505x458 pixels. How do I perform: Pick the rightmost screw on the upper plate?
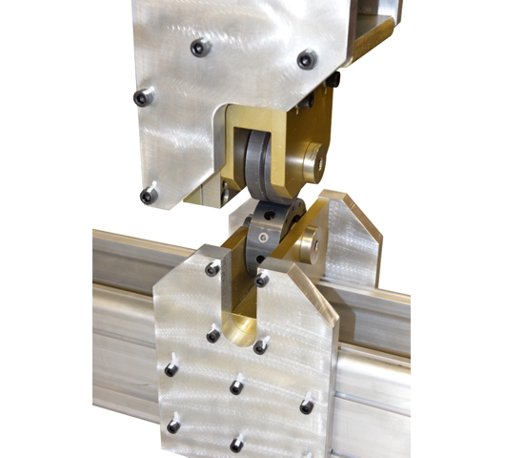(307, 59)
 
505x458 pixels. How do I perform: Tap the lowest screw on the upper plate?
(149, 196)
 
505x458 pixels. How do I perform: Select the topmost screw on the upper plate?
(199, 47)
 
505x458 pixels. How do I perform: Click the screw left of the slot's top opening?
(212, 269)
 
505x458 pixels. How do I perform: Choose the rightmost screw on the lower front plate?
(307, 406)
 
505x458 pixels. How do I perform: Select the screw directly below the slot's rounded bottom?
(235, 386)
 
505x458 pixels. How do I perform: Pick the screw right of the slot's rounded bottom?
(260, 347)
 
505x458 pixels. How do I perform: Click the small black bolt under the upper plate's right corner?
(333, 82)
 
